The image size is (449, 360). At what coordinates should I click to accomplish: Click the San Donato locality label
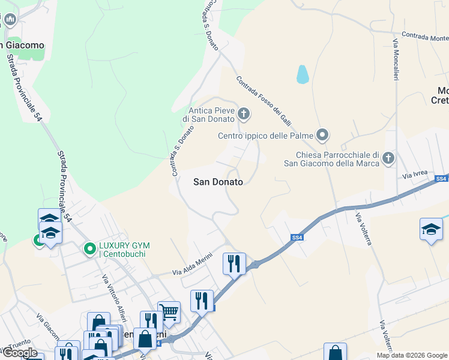pyautogui.click(x=218, y=182)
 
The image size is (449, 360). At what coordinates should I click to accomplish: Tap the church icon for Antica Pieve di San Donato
pyautogui.click(x=244, y=113)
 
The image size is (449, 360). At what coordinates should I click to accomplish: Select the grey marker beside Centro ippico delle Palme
pyautogui.click(x=323, y=135)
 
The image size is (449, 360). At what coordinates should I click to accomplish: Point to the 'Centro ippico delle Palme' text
pyautogui.click(x=265, y=136)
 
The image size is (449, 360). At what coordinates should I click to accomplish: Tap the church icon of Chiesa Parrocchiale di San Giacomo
pyautogui.click(x=388, y=158)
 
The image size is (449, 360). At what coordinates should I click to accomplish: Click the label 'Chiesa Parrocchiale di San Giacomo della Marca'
pyautogui.click(x=331, y=158)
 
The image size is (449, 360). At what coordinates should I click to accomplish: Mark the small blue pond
pyautogui.click(x=303, y=74)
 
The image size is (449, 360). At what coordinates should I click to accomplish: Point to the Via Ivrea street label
pyautogui.click(x=415, y=174)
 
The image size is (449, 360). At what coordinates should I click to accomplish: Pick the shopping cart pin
pyautogui.click(x=169, y=311)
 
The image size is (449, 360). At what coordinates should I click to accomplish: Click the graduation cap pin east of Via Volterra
pyautogui.click(x=431, y=229)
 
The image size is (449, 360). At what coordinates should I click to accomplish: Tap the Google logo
pyautogui.click(x=19, y=353)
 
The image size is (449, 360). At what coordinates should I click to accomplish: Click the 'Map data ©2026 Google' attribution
pyautogui.click(x=412, y=355)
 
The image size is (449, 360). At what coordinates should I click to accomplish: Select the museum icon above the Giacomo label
pyautogui.click(x=10, y=20)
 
